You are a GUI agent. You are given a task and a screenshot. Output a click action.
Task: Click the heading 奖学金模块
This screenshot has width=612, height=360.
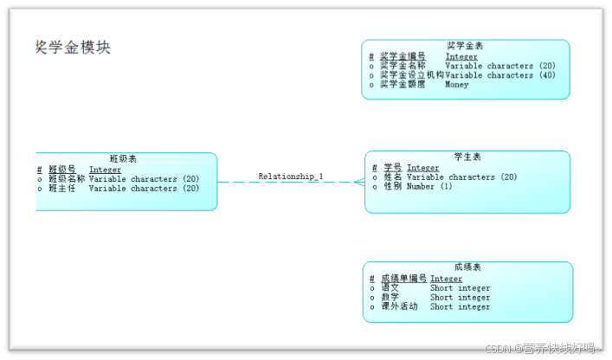point(73,47)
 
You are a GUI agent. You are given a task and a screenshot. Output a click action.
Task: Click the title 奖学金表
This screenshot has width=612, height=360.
point(465,45)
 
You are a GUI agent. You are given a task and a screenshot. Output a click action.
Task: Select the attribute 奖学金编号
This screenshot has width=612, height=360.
point(403,56)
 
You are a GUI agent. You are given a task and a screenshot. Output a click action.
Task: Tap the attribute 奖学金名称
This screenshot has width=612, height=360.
point(403,66)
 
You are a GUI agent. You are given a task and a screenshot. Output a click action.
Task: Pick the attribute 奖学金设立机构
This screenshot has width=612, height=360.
point(411,75)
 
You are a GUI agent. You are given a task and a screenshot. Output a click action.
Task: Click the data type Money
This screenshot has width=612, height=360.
point(457,85)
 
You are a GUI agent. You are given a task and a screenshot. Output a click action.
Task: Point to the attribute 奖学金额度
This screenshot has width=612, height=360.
point(403,85)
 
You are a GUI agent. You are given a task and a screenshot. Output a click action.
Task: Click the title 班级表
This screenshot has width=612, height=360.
point(123,158)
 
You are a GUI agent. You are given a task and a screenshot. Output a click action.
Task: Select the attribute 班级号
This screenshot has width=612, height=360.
point(61,170)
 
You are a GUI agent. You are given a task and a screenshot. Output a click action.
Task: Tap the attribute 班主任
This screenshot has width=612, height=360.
point(61,188)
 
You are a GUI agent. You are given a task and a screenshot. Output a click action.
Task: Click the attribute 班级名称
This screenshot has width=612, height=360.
point(66,179)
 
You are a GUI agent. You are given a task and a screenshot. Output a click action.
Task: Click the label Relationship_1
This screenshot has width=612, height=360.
point(291,177)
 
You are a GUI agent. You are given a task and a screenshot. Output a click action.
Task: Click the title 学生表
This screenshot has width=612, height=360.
point(467,157)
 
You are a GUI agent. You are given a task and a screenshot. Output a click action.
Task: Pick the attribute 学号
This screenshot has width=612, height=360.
point(393,168)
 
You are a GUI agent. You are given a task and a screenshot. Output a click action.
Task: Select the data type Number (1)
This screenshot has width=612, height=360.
point(429,186)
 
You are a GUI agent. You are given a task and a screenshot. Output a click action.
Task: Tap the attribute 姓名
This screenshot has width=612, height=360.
point(393,177)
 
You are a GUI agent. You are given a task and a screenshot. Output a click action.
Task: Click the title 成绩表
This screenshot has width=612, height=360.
point(467,267)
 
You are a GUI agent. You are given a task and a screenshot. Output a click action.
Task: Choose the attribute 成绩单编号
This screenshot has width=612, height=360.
point(403,279)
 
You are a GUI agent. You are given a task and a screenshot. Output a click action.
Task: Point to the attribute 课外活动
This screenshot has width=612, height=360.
point(399,306)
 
